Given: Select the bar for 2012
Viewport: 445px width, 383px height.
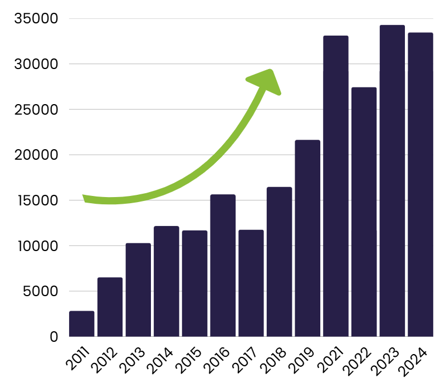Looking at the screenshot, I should pos(110,307).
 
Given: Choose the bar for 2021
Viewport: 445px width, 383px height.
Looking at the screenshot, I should pos(336,186).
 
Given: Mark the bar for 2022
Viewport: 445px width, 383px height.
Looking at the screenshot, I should pos(364,212).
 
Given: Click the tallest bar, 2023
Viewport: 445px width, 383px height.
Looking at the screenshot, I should pos(392,180).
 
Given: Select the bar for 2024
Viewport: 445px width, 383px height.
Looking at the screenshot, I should pos(420,184).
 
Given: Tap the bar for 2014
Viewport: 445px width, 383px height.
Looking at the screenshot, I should pos(167,281).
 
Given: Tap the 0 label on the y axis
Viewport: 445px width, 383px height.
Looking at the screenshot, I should pos(54,336).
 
